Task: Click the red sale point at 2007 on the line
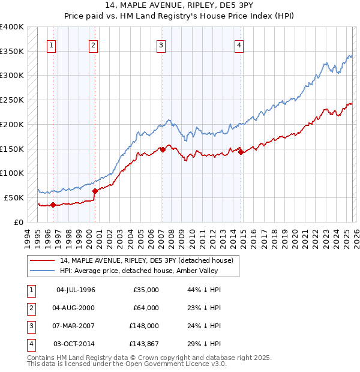tap(162, 149)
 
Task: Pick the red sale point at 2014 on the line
tap(241, 152)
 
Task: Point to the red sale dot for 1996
tap(53, 205)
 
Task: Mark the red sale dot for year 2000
tap(95, 191)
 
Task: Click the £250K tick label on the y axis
tap(11, 100)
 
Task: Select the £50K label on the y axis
tap(14, 197)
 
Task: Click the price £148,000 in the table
tap(144, 327)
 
